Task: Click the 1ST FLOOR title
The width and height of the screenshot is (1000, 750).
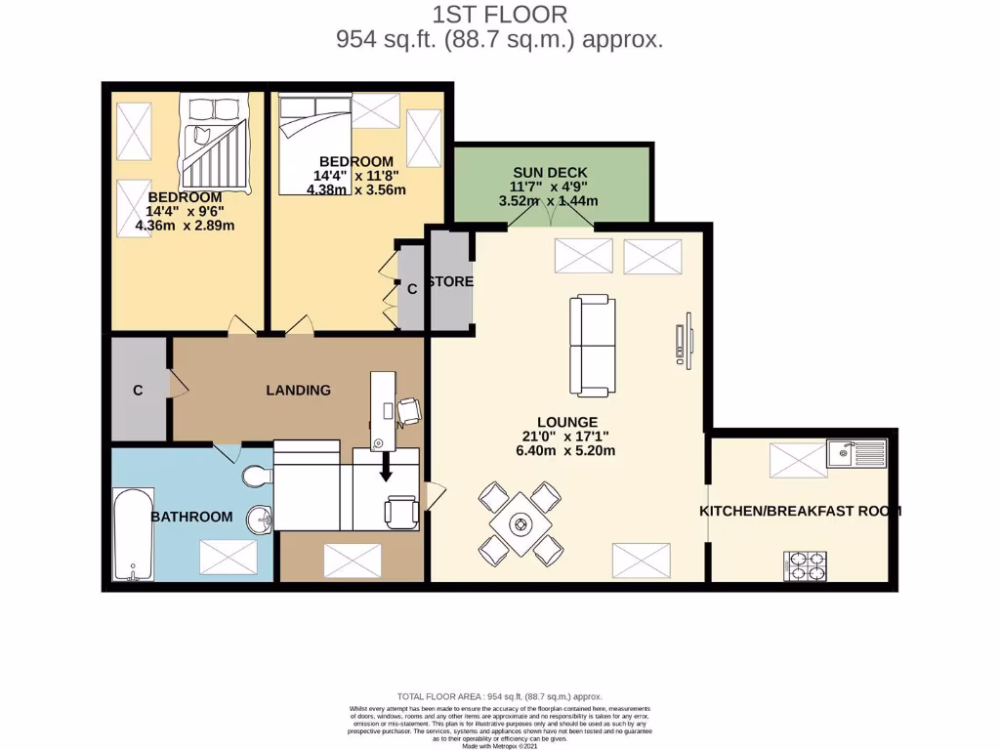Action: [x=499, y=15]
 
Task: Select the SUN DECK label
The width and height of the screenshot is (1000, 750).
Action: [x=551, y=172]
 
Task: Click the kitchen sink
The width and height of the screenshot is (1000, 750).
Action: [x=855, y=453]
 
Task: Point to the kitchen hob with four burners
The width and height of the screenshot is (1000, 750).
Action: [x=805, y=563]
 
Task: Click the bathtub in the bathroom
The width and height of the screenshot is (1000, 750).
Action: [x=129, y=532]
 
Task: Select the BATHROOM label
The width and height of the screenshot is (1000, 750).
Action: [x=191, y=517]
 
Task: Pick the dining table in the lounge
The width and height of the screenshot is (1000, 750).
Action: [x=520, y=522]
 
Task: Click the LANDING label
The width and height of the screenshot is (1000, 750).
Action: [x=299, y=390]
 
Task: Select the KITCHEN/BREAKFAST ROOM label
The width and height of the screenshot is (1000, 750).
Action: [x=800, y=511]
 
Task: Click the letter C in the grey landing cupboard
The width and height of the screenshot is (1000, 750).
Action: [x=138, y=391]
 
